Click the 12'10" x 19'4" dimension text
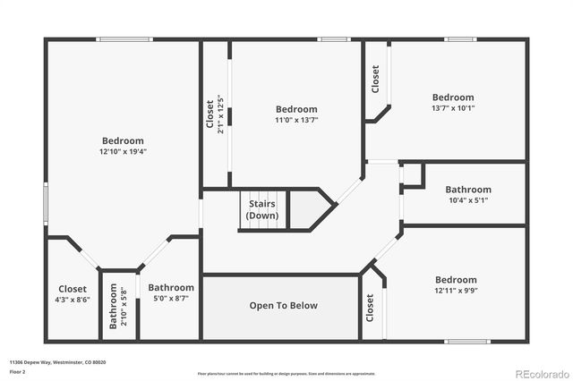(x=123, y=152)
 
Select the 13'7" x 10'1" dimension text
(x=453, y=108)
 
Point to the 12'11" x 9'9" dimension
(x=456, y=291)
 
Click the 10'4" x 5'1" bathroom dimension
(x=468, y=200)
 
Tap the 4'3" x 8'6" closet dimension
(x=73, y=301)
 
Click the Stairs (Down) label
(x=262, y=210)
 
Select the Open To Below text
(x=283, y=306)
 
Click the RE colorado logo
(x=540, y=372)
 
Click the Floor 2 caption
(x=17, y=370)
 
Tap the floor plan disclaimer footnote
(x=286, y=373)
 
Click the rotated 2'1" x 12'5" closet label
(x=215, y=114)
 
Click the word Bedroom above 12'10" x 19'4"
(x=123, y=140)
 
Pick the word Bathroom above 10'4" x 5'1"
(x=468, y=190)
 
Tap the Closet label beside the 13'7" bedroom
(x=375, y=80)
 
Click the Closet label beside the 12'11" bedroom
(x=370, y=308)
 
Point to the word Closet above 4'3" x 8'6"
(x=73, y=289)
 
